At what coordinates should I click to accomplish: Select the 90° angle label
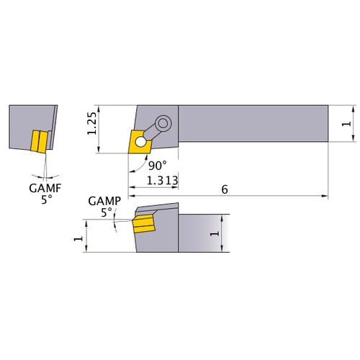point(156,165)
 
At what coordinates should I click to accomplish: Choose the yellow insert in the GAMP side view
point(144,225)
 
